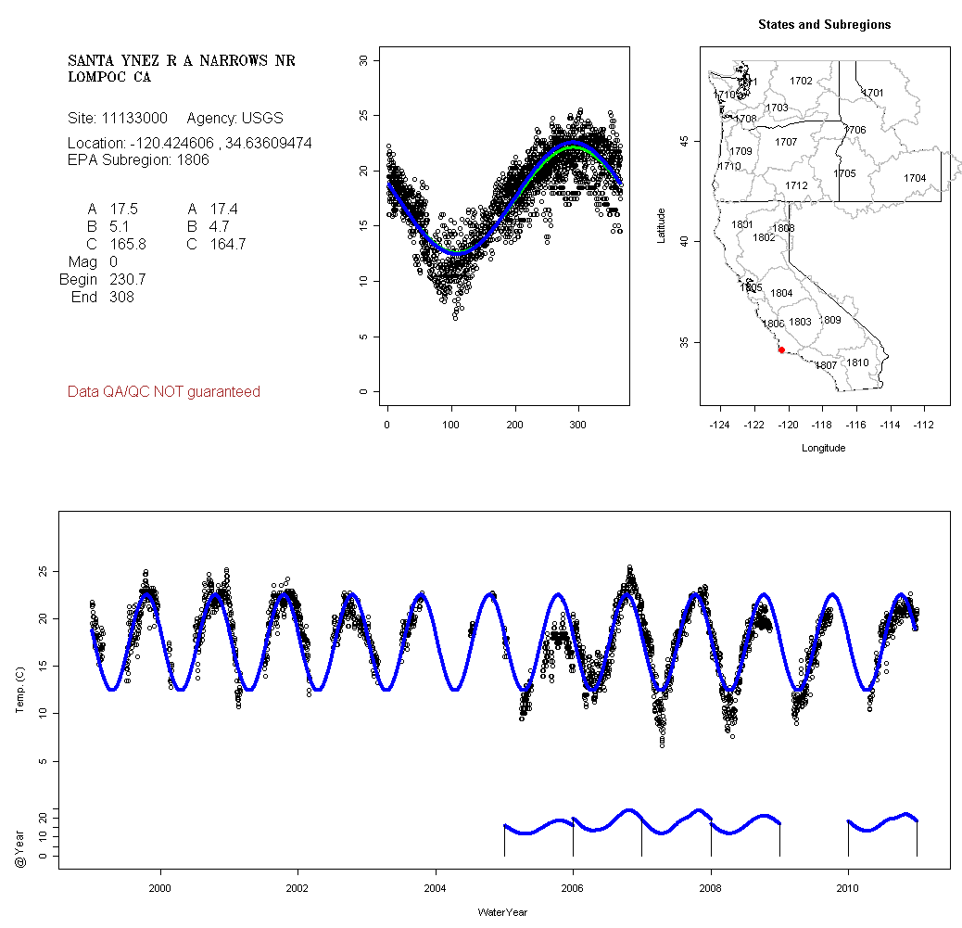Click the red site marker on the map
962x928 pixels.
click(781, 350)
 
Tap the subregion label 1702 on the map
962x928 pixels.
click(801, 82)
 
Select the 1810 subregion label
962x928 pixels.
click(858, 362)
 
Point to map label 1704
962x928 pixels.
click(915, 178)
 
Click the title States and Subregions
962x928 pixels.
click(824, 25)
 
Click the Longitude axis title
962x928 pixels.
click(823, 448)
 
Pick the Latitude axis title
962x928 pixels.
click(661, 225)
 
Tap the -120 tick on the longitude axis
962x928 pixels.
click(788, 425)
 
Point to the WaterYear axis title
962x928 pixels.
click(502, 913)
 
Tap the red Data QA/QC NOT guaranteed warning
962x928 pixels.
click(164, 392)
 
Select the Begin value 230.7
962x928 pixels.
click(127, 279)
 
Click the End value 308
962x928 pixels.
click(121, 297)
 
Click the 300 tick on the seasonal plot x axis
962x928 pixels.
click(578, 425)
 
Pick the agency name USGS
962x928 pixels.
click(262, 119)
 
